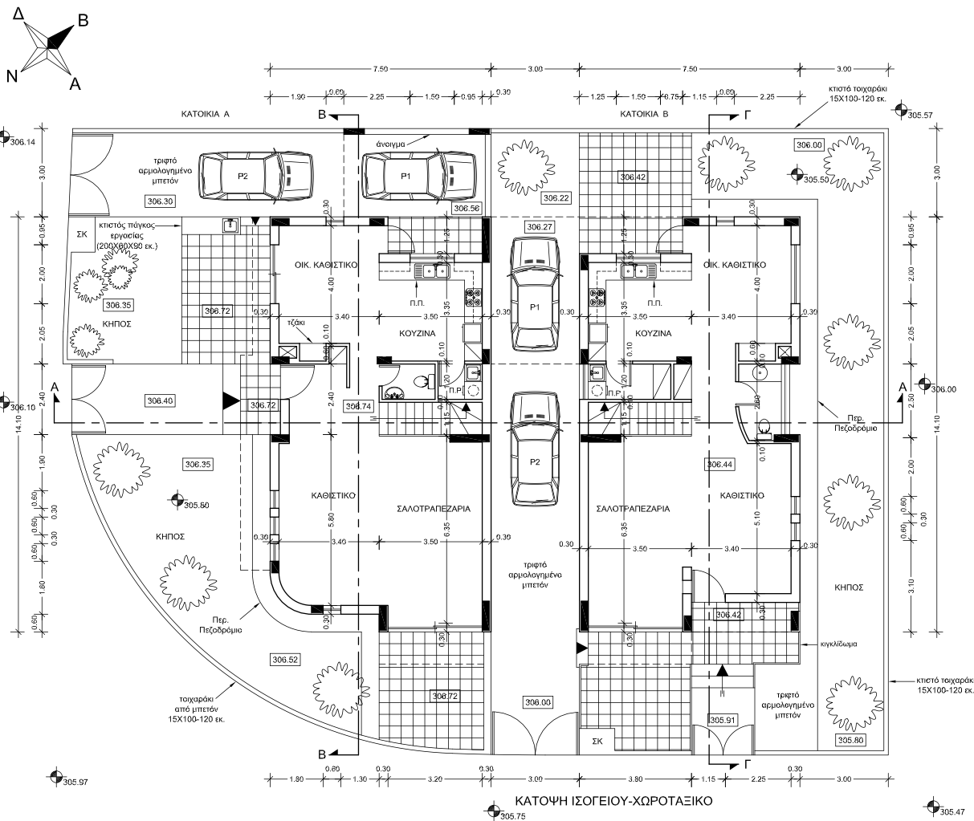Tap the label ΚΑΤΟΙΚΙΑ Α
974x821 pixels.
tap(206, 115)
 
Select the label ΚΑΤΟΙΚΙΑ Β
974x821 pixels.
tap(645, 115)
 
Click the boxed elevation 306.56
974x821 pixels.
tap(467, 209)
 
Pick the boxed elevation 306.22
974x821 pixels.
tap(556, 197)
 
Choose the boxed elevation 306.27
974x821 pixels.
tap(540, 227)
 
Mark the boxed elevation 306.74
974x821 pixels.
tap(358, 406)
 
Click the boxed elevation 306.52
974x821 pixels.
tap(285, 660)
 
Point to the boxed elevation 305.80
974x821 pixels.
tap(851, 739)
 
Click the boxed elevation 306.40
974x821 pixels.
tap(160, 400)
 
